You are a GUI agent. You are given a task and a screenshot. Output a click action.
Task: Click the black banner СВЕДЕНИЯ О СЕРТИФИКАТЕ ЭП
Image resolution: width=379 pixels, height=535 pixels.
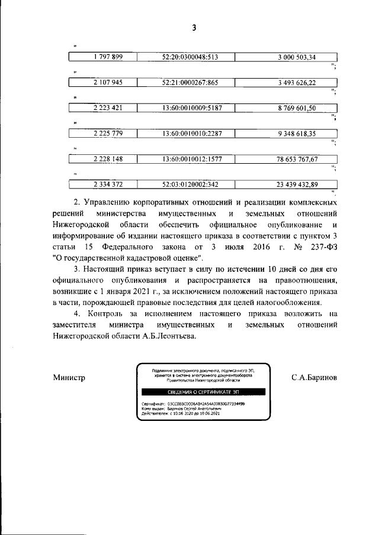tap(200, 392)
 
